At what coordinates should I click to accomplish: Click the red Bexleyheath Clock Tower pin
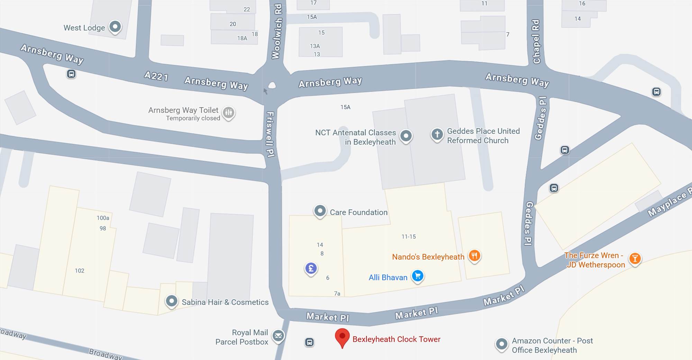click(x=342, y=337)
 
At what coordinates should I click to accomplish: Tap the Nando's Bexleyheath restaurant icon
click(x=474, y=256)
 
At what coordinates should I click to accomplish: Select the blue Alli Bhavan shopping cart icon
click(x=418, y=276)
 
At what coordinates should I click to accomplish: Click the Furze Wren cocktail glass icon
click(x=635, y=259)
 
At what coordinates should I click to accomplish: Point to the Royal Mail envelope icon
click(x=278, y=336)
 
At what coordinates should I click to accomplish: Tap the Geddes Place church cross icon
click(x=437, y=134)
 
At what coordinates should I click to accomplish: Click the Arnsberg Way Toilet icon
click(x=228, y=112)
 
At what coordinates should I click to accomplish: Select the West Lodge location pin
click(x=115, y=27)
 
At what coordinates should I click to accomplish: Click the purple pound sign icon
click(x=311, y=269)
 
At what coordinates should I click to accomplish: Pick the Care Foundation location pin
click(x=320, y=211)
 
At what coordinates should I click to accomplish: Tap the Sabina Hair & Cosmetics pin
click(x=171, y=301)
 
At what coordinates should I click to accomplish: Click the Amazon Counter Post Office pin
click(x=501, y=344)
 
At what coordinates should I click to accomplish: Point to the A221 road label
click(x=156, y=76)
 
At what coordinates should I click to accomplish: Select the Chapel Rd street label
click(x=536, y=42)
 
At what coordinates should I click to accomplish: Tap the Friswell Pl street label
click(x=271, y=134)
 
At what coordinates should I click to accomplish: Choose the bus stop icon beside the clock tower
click(x=309, y=342)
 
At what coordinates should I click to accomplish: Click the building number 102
click(x=80, y=271)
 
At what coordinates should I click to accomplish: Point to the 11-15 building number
click(x=409, y=237)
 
